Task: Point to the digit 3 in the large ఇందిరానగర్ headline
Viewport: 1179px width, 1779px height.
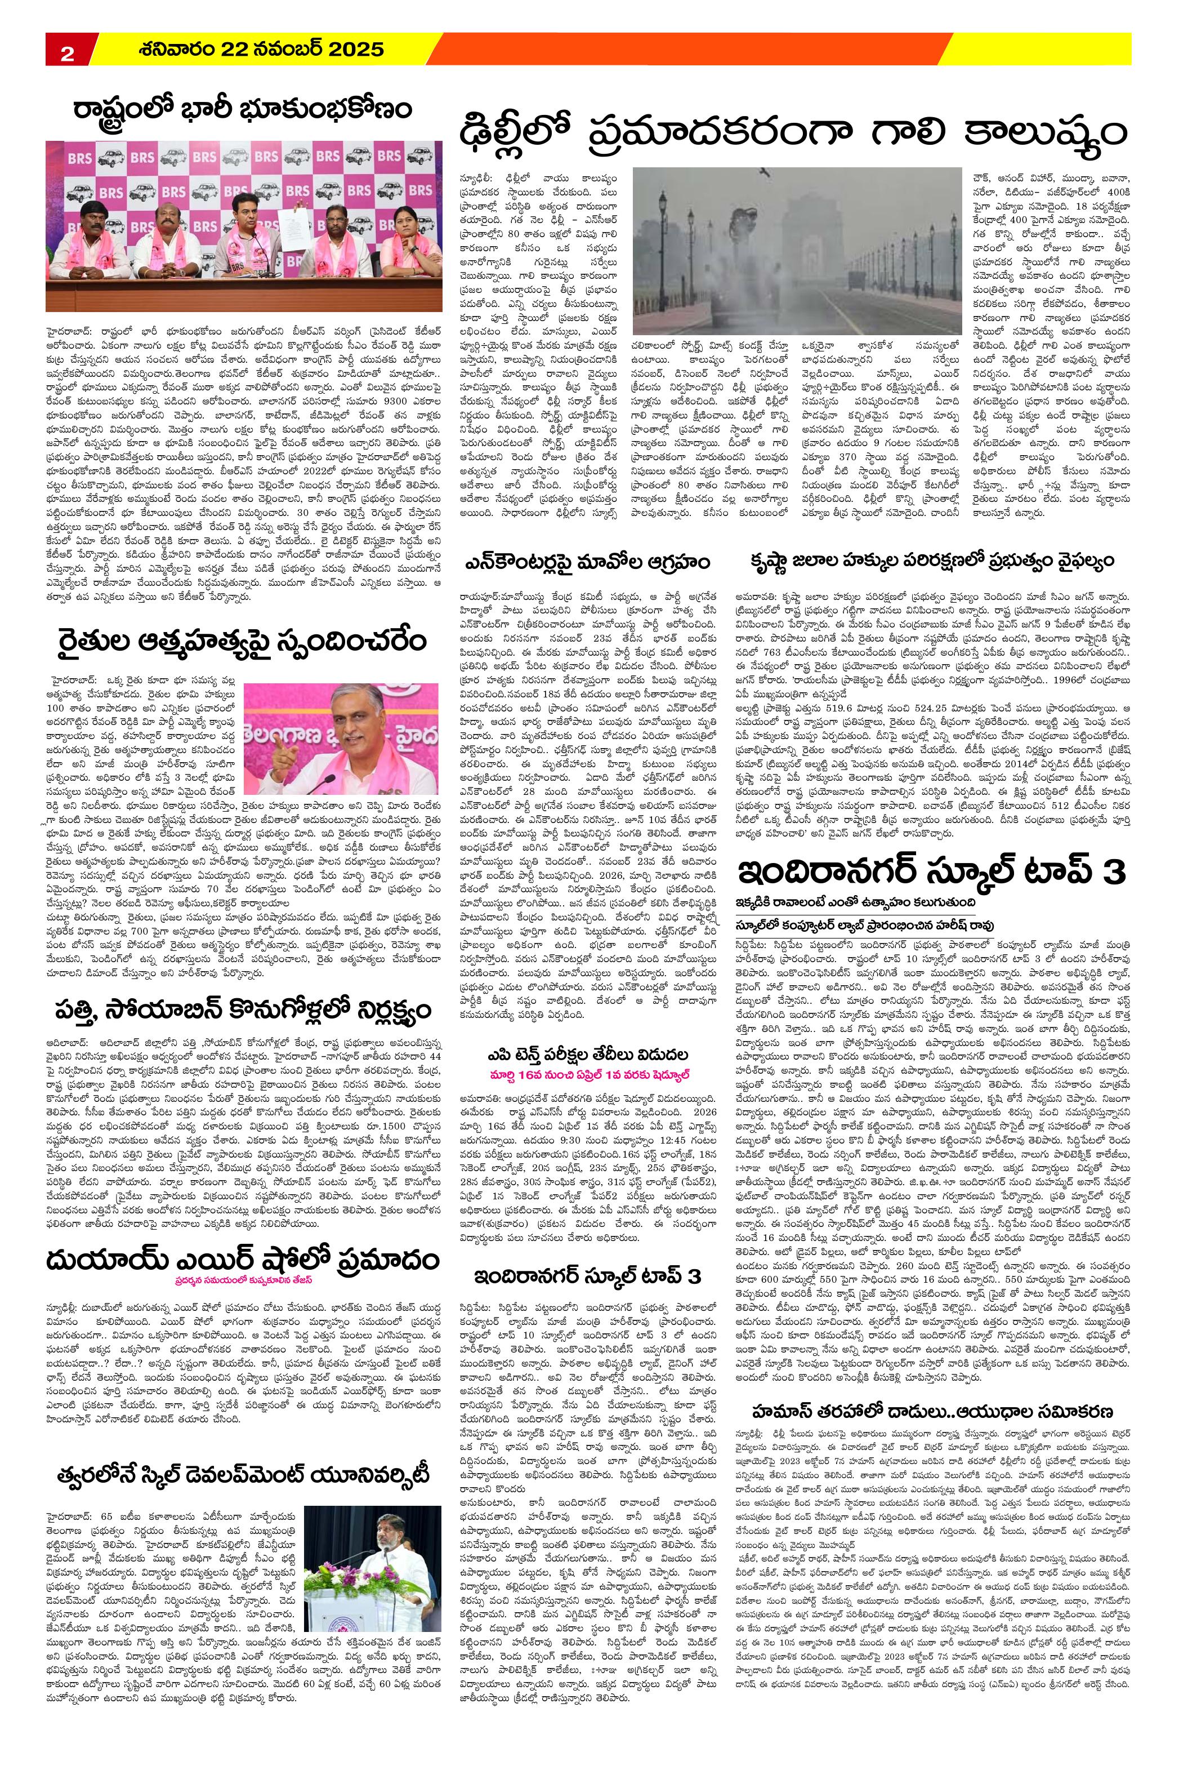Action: coord(1111,873)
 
